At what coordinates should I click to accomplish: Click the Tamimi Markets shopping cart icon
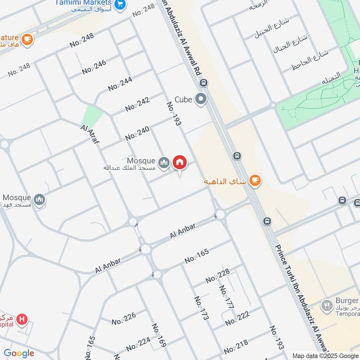point(120,4)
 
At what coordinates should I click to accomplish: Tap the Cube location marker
point(201,99)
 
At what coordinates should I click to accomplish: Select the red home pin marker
point(180,163)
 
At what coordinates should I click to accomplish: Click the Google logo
point(19,354)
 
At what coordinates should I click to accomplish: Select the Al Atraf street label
point(90,135)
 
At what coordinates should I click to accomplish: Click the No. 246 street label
point(94,67)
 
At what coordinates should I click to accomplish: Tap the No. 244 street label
point(120,84)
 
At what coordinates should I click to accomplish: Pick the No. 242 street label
point(137,104)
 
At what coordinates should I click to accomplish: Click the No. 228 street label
point(218,275)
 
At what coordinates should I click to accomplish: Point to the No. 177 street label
point(226,297)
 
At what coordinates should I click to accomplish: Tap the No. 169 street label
point(159,335)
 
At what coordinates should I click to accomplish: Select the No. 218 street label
point(236,347)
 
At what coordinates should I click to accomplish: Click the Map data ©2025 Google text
point(324,355)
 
